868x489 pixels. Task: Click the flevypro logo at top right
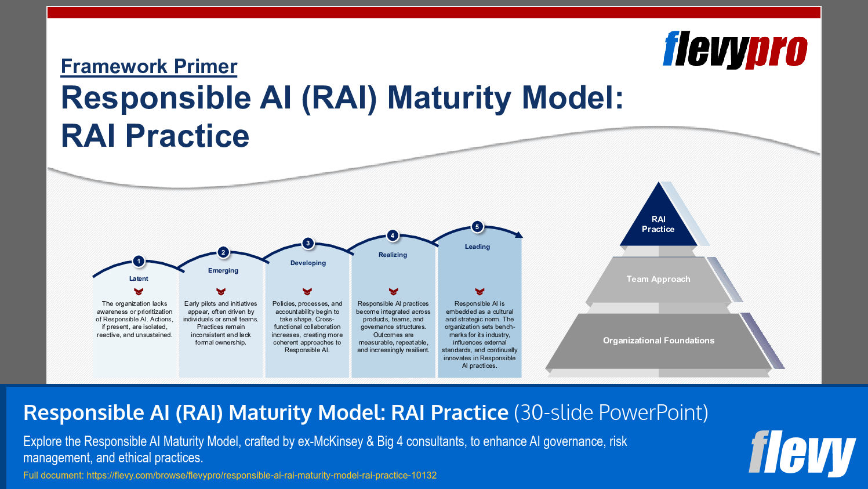coord(735,50)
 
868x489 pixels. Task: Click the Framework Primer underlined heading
coord(149,66)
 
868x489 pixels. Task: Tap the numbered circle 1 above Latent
coord(139,261)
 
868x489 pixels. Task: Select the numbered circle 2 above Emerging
coord(223,252)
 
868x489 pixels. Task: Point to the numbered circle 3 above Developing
coord(308,243)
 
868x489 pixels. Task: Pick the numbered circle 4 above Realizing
coord(393,236)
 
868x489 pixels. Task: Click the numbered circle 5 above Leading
coord(477,227)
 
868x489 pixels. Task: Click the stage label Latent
coord(139,278)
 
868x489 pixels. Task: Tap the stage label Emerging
coord(223,270)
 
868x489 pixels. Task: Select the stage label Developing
coord(308,263)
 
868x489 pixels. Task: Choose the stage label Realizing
coord(393,255)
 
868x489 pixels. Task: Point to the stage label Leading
coord(477,247)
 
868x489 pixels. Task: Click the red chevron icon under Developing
coord(307,291)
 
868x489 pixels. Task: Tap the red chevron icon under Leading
coord(480,291)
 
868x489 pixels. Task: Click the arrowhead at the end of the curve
coord(519,235)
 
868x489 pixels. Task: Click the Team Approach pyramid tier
coord(658,279)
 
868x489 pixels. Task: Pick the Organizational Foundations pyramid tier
coord(658,341)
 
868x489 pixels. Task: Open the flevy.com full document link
coord(262,475)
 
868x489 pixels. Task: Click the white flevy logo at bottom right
coord(802,452)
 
